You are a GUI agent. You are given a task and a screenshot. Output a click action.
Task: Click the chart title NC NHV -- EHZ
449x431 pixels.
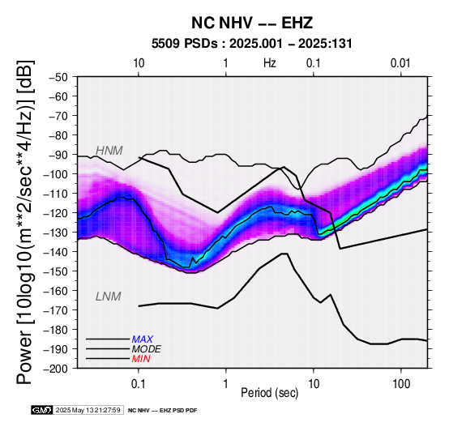point(252,23)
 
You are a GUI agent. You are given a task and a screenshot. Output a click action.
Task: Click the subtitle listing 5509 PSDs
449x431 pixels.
point(252,44)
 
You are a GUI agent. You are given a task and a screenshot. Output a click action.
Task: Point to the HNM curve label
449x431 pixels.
point(109,151)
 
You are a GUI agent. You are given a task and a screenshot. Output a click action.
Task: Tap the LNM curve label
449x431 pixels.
point(109,297)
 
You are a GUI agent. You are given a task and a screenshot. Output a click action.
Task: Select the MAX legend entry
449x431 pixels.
point(143,339)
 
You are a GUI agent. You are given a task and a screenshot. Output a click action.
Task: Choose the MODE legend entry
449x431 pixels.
point(147,349)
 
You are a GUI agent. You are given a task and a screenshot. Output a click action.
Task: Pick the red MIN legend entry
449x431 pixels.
point(141,359)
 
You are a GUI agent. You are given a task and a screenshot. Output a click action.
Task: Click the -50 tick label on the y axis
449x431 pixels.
point(58,77)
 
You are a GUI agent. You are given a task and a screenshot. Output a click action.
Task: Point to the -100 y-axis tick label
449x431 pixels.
point(56,174)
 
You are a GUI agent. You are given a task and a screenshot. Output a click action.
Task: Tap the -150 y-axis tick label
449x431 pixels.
point(56,271)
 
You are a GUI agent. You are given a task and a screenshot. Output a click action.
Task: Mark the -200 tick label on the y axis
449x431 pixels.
point(56,369)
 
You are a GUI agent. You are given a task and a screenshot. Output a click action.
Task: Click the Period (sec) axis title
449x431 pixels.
point(269,393)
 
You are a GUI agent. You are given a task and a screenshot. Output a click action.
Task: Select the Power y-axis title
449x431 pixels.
point(25,222)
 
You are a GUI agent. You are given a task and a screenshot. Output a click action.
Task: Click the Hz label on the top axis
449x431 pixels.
point(270,63)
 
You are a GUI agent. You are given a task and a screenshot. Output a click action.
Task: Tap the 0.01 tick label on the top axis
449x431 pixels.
point(400,63)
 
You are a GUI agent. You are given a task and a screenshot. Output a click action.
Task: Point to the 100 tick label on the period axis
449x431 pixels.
point(401,383)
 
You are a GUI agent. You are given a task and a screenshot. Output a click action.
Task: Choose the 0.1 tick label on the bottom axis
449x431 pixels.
point(139,383)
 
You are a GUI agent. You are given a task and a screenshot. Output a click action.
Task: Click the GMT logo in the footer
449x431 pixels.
point(42,410)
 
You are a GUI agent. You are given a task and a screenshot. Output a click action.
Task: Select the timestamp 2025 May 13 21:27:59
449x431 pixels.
point(88,410)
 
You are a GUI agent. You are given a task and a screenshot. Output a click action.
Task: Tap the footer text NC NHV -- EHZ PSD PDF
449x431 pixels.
point(162,411)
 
